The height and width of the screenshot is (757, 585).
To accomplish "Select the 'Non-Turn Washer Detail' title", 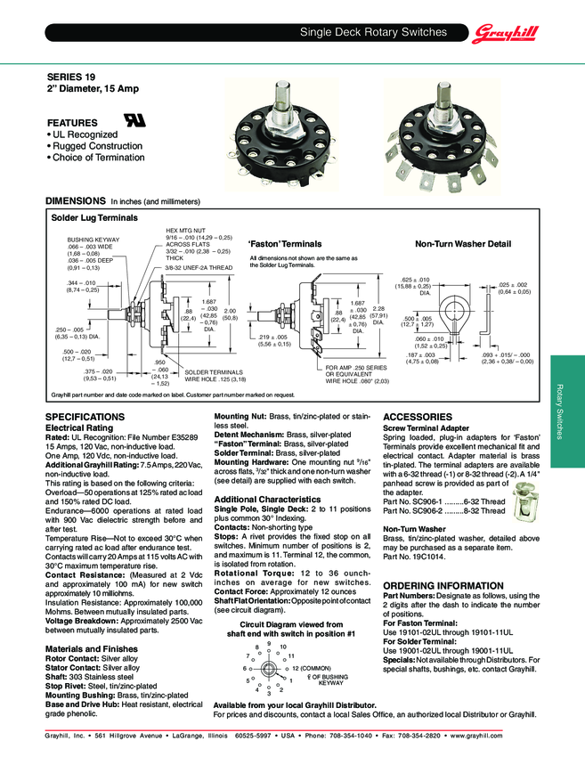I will (462, 243).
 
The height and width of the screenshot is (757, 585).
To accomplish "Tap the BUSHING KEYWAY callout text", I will (93, 240).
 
